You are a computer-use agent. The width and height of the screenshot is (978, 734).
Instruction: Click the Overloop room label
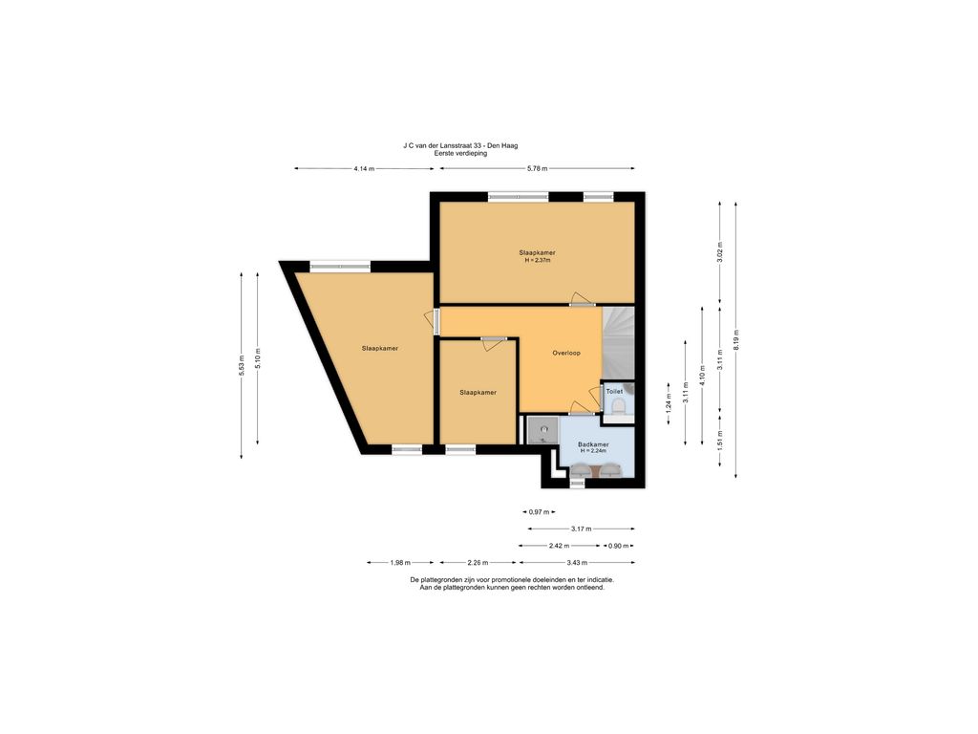point(566,354)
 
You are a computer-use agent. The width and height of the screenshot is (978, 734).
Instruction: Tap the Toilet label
point(614,392)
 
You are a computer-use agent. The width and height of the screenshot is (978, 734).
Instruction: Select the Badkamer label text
point(593,444)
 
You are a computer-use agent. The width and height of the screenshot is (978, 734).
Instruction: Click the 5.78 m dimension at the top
point(538,168)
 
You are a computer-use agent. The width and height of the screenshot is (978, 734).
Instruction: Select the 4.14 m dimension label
point(364,168)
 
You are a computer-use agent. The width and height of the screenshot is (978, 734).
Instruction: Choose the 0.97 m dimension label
point(540,512)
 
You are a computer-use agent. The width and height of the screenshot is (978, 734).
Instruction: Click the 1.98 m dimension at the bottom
point(401,562)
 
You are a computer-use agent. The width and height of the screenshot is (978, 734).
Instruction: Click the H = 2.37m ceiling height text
point(538,260)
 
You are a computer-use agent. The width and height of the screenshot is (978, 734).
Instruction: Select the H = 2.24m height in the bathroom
point(593,451)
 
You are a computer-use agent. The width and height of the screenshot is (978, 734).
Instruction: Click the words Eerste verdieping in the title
point(460,153)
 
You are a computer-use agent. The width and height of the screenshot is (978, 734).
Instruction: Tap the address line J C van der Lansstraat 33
point(460,145)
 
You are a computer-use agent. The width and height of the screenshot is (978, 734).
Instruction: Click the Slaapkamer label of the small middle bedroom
point(478,392)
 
